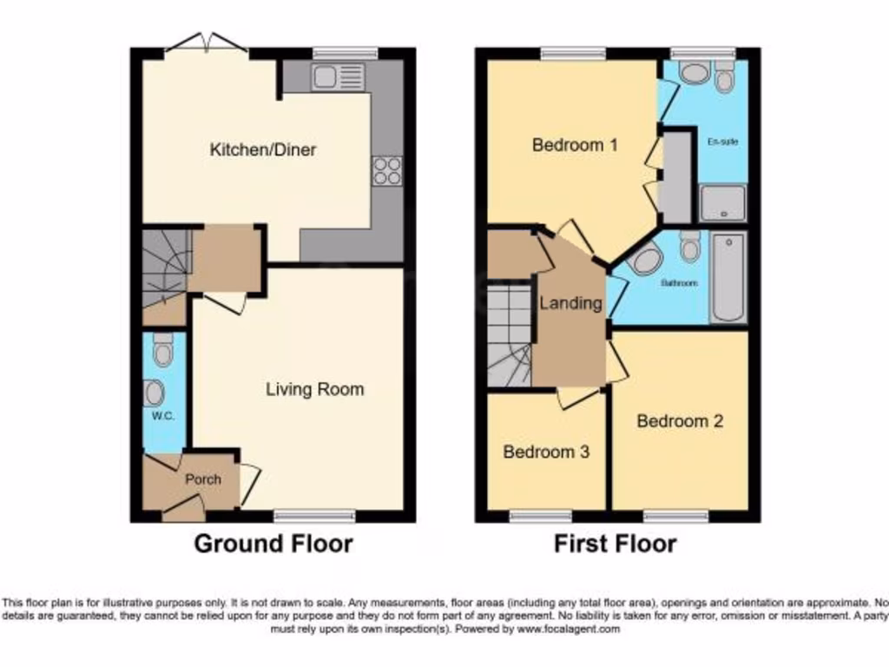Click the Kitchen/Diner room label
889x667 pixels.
coord(263,149)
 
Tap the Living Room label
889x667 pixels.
coord(314,389)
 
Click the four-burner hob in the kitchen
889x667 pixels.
coord(387,170)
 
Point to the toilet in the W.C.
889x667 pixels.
coord(162,352)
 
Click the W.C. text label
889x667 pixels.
coord(163,416)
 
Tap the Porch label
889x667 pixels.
coord(203,479)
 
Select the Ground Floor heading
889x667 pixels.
coord(273,545)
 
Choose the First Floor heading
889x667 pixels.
coord(616,545)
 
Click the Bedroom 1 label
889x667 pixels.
coord(575,145)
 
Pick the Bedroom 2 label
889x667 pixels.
coord(680,421)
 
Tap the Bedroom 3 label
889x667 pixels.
coord(546,452)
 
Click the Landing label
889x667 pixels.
coord(570,303)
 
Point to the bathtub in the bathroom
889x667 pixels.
coord(728,277)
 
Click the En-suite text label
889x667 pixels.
coord(721,142)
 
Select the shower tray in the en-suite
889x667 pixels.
coord(722,203)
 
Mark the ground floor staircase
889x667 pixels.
coord(165,265)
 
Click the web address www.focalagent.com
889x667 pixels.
coord(569,630)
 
